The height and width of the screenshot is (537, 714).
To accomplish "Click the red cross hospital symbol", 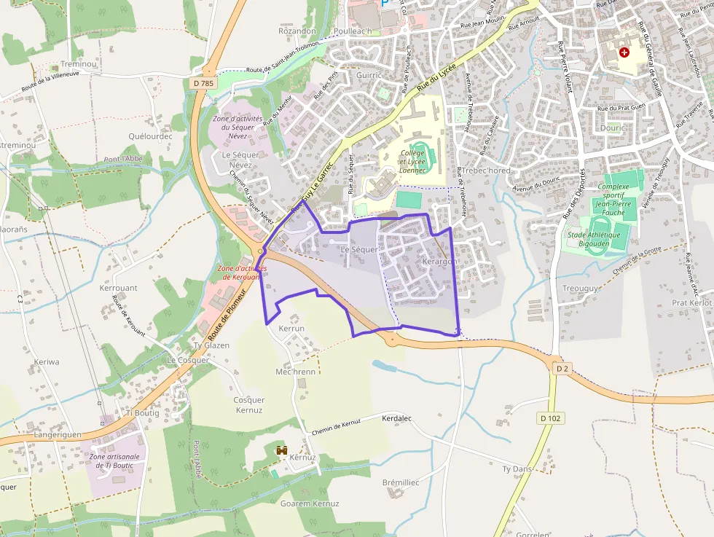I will (x=624, y=52).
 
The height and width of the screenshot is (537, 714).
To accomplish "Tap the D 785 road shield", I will (x=204, y=84).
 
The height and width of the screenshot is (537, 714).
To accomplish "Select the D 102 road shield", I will (x=552, y=418).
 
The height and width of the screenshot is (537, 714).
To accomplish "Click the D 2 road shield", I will (x=560, y=369).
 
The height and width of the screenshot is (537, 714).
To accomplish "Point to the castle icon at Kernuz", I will (x=282, y=450).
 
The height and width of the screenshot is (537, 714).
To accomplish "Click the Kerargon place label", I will (x=439, y=262).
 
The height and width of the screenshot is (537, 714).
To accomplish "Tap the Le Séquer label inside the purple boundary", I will (x=360, y=249).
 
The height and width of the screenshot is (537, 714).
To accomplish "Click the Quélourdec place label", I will (x=150, y=136).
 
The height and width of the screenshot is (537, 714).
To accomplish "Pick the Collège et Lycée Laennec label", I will (x=412, y=161).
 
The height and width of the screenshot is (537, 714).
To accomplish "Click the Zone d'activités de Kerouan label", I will (x=242, y=273).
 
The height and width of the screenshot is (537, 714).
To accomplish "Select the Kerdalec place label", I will (x=397, y=418).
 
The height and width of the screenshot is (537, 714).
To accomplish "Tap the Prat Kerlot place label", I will (x=691, y=302).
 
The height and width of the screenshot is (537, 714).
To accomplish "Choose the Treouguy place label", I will (x=580, y=289).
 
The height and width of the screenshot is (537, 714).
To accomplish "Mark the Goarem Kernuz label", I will (x=310, y=503).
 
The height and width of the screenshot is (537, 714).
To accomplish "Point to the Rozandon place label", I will (x=297, y=31).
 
